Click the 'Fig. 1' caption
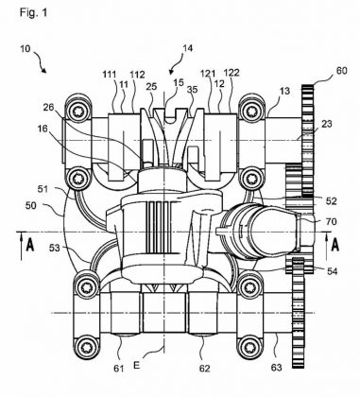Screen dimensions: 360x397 (33, 12)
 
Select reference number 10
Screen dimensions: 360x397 (26, 49)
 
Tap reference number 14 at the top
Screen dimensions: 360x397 (187, 48)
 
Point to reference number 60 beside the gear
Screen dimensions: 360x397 (341, 70)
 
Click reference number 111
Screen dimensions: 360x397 (110, 75)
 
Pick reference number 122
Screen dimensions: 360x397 (231, 73)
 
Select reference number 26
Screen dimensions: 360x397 (48, 108)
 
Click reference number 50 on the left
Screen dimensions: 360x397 (31, 205)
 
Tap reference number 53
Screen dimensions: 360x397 (54, 248)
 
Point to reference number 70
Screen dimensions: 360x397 (331, 221)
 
